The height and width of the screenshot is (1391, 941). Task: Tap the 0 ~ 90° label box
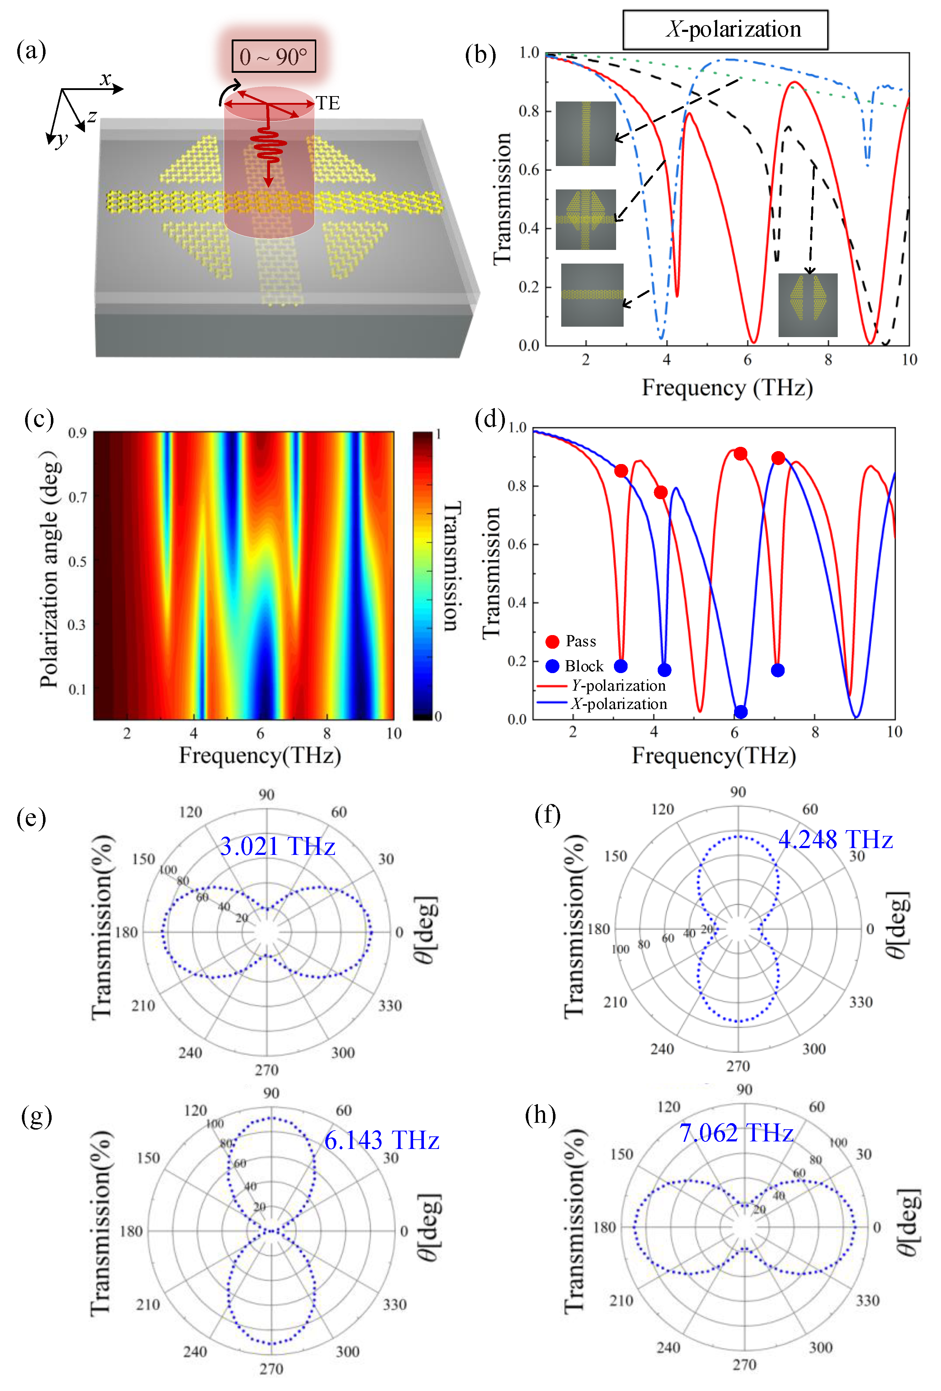click(x=274, y=57)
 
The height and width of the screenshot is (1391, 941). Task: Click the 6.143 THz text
click(x=381, y=1140)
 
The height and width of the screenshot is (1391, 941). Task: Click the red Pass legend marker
click(x=552, y=642)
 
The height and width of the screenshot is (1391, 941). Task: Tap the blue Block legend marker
click(x=552, y=666)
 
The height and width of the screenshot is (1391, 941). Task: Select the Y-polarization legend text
click(x=618, y=685)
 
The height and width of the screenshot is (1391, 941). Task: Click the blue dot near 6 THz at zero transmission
click(x=741, y=712)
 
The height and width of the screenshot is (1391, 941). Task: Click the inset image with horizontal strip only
click(x=592, y=295)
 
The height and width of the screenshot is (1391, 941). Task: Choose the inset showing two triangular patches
click(x=808, y=305)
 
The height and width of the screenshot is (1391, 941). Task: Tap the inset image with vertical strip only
click(x=585, y=133)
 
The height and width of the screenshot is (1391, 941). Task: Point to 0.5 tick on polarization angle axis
click(x=77, y=562)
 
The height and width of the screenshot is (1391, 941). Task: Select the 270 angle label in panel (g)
click(x=271, y=1368)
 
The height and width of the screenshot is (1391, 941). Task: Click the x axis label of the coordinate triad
click(x=106, y=79)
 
